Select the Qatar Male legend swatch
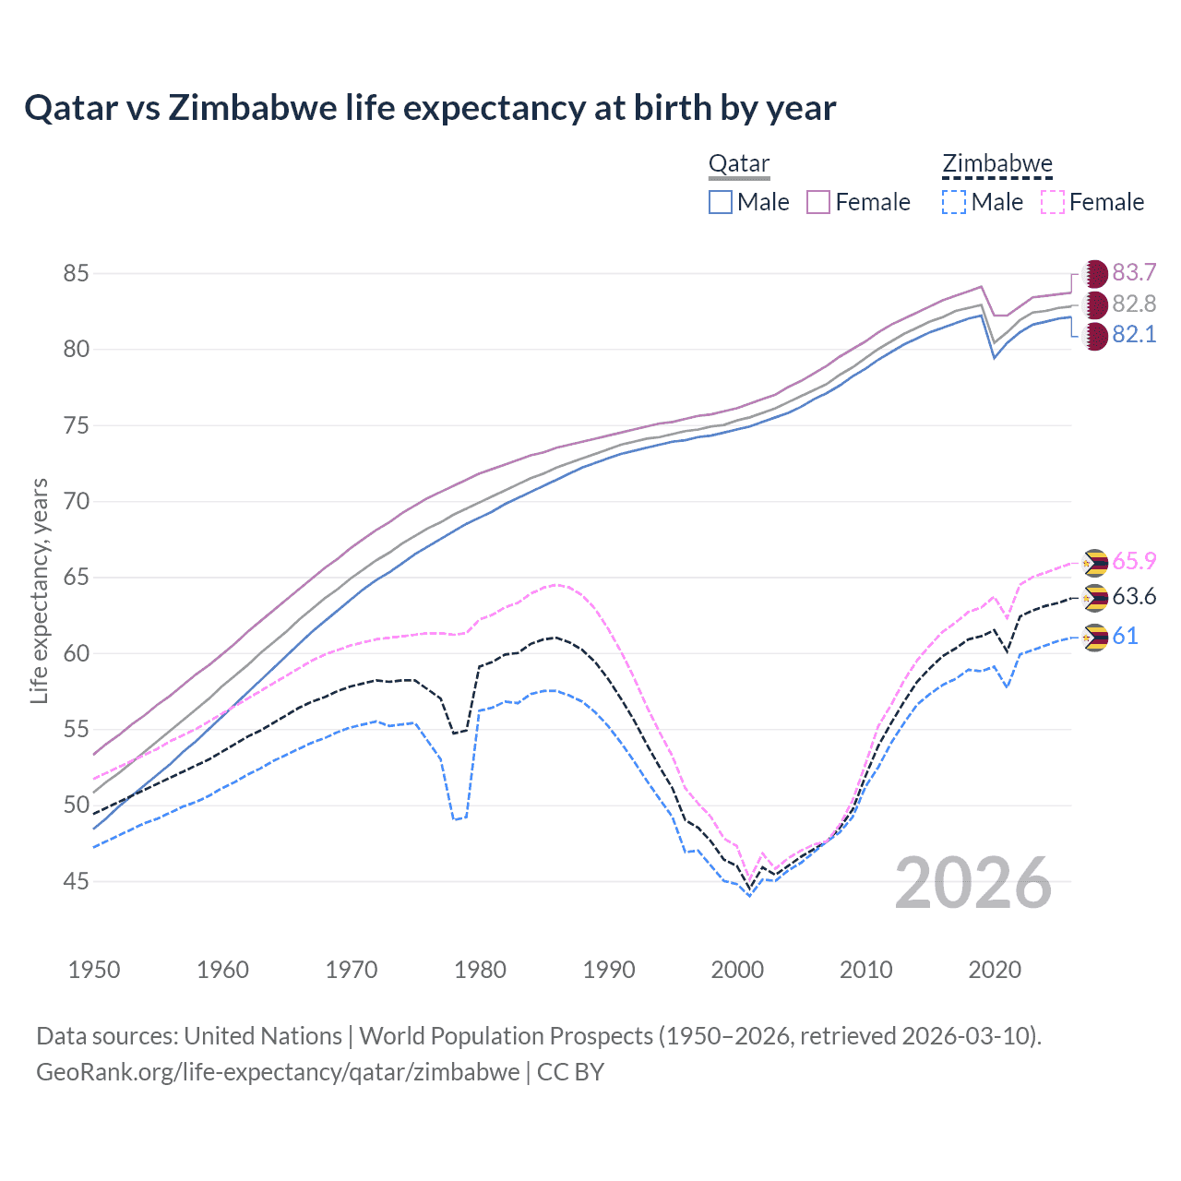721,202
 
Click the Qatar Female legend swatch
818,202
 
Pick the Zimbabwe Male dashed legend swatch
954,202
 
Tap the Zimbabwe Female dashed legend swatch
1053,202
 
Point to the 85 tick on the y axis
76,273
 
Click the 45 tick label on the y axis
76,881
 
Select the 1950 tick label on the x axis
94,970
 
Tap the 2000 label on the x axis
737,970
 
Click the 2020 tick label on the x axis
995,970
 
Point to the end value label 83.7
1134,273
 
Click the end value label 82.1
1134,335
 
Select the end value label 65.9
1134,561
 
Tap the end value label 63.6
1134,597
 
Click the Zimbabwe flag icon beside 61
1095,637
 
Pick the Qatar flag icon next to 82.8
1095,304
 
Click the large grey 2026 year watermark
973,883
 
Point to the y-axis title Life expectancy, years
40,590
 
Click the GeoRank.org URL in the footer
278,1072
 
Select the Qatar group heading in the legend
739,164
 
